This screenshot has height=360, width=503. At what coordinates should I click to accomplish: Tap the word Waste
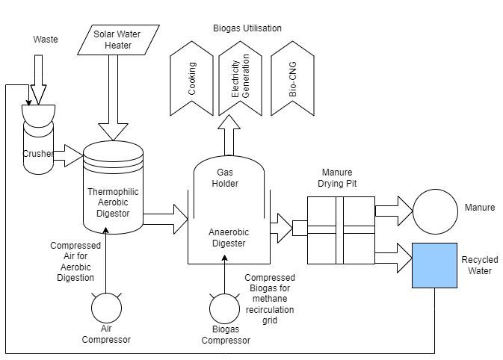click(45, 38)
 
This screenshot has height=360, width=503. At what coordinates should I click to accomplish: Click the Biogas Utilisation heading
click(247, 28)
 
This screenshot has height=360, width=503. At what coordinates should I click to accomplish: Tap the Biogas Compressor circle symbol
click(223, 307)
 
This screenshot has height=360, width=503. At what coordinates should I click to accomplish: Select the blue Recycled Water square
click(435, 264)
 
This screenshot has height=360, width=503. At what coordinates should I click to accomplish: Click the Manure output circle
click(436, 213)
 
